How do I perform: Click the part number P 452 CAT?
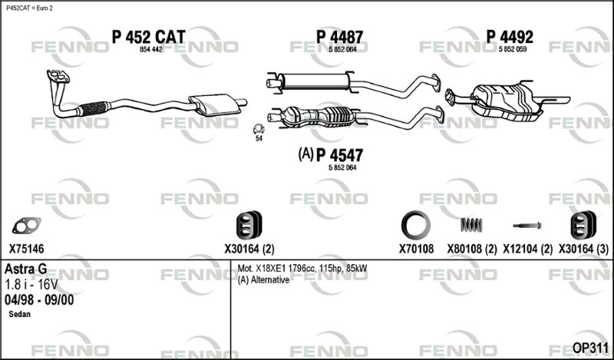tap(148, 37)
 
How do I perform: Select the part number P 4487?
tap(339, 38)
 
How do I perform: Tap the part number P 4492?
tap(510, 37)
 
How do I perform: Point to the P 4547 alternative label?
tap(331, 155)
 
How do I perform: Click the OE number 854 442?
tap(150, 50)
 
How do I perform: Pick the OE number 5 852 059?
tap(513, 49)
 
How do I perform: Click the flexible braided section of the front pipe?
tap(93, 108)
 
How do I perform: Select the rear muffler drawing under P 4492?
tap(507, 101)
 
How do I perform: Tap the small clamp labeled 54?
tap(258, 128)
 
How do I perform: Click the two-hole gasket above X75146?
tap(26, 225)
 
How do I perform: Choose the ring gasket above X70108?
tap(416, 225)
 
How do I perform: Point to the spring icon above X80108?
tap(471, 225)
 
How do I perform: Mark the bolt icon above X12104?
tap(527, 226)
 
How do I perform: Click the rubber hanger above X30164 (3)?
tap(583, 225)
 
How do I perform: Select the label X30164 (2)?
tap(249, 249)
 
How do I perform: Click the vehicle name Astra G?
tap(26, 269)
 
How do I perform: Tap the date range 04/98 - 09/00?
tap(39, 300)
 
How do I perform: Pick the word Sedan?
tap(20, 314)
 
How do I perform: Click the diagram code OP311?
tap(590, 348)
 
